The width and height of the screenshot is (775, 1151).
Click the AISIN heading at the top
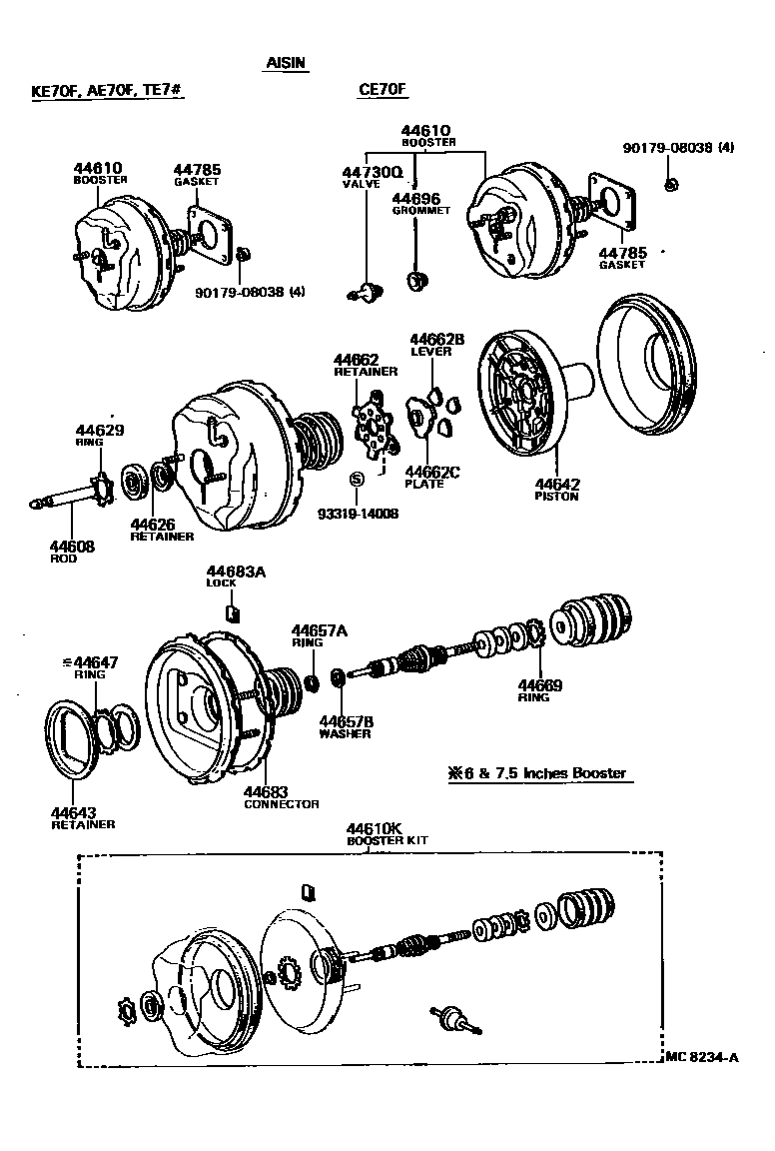(x=286, y=62)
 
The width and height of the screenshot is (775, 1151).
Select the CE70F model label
(x=384, y=90)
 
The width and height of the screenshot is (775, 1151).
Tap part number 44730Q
(x=372, y=172)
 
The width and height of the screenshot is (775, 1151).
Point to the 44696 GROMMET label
(x=416, y=204)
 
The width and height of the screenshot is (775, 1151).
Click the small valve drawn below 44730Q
(x=368, y=291)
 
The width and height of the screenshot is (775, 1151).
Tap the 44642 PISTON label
(x=556, y=489)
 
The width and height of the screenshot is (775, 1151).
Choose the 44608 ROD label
(x=73, y=552)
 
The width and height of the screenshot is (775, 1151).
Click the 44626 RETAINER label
(x=161, y=529)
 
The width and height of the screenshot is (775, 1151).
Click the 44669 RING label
(x=539, y=689)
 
